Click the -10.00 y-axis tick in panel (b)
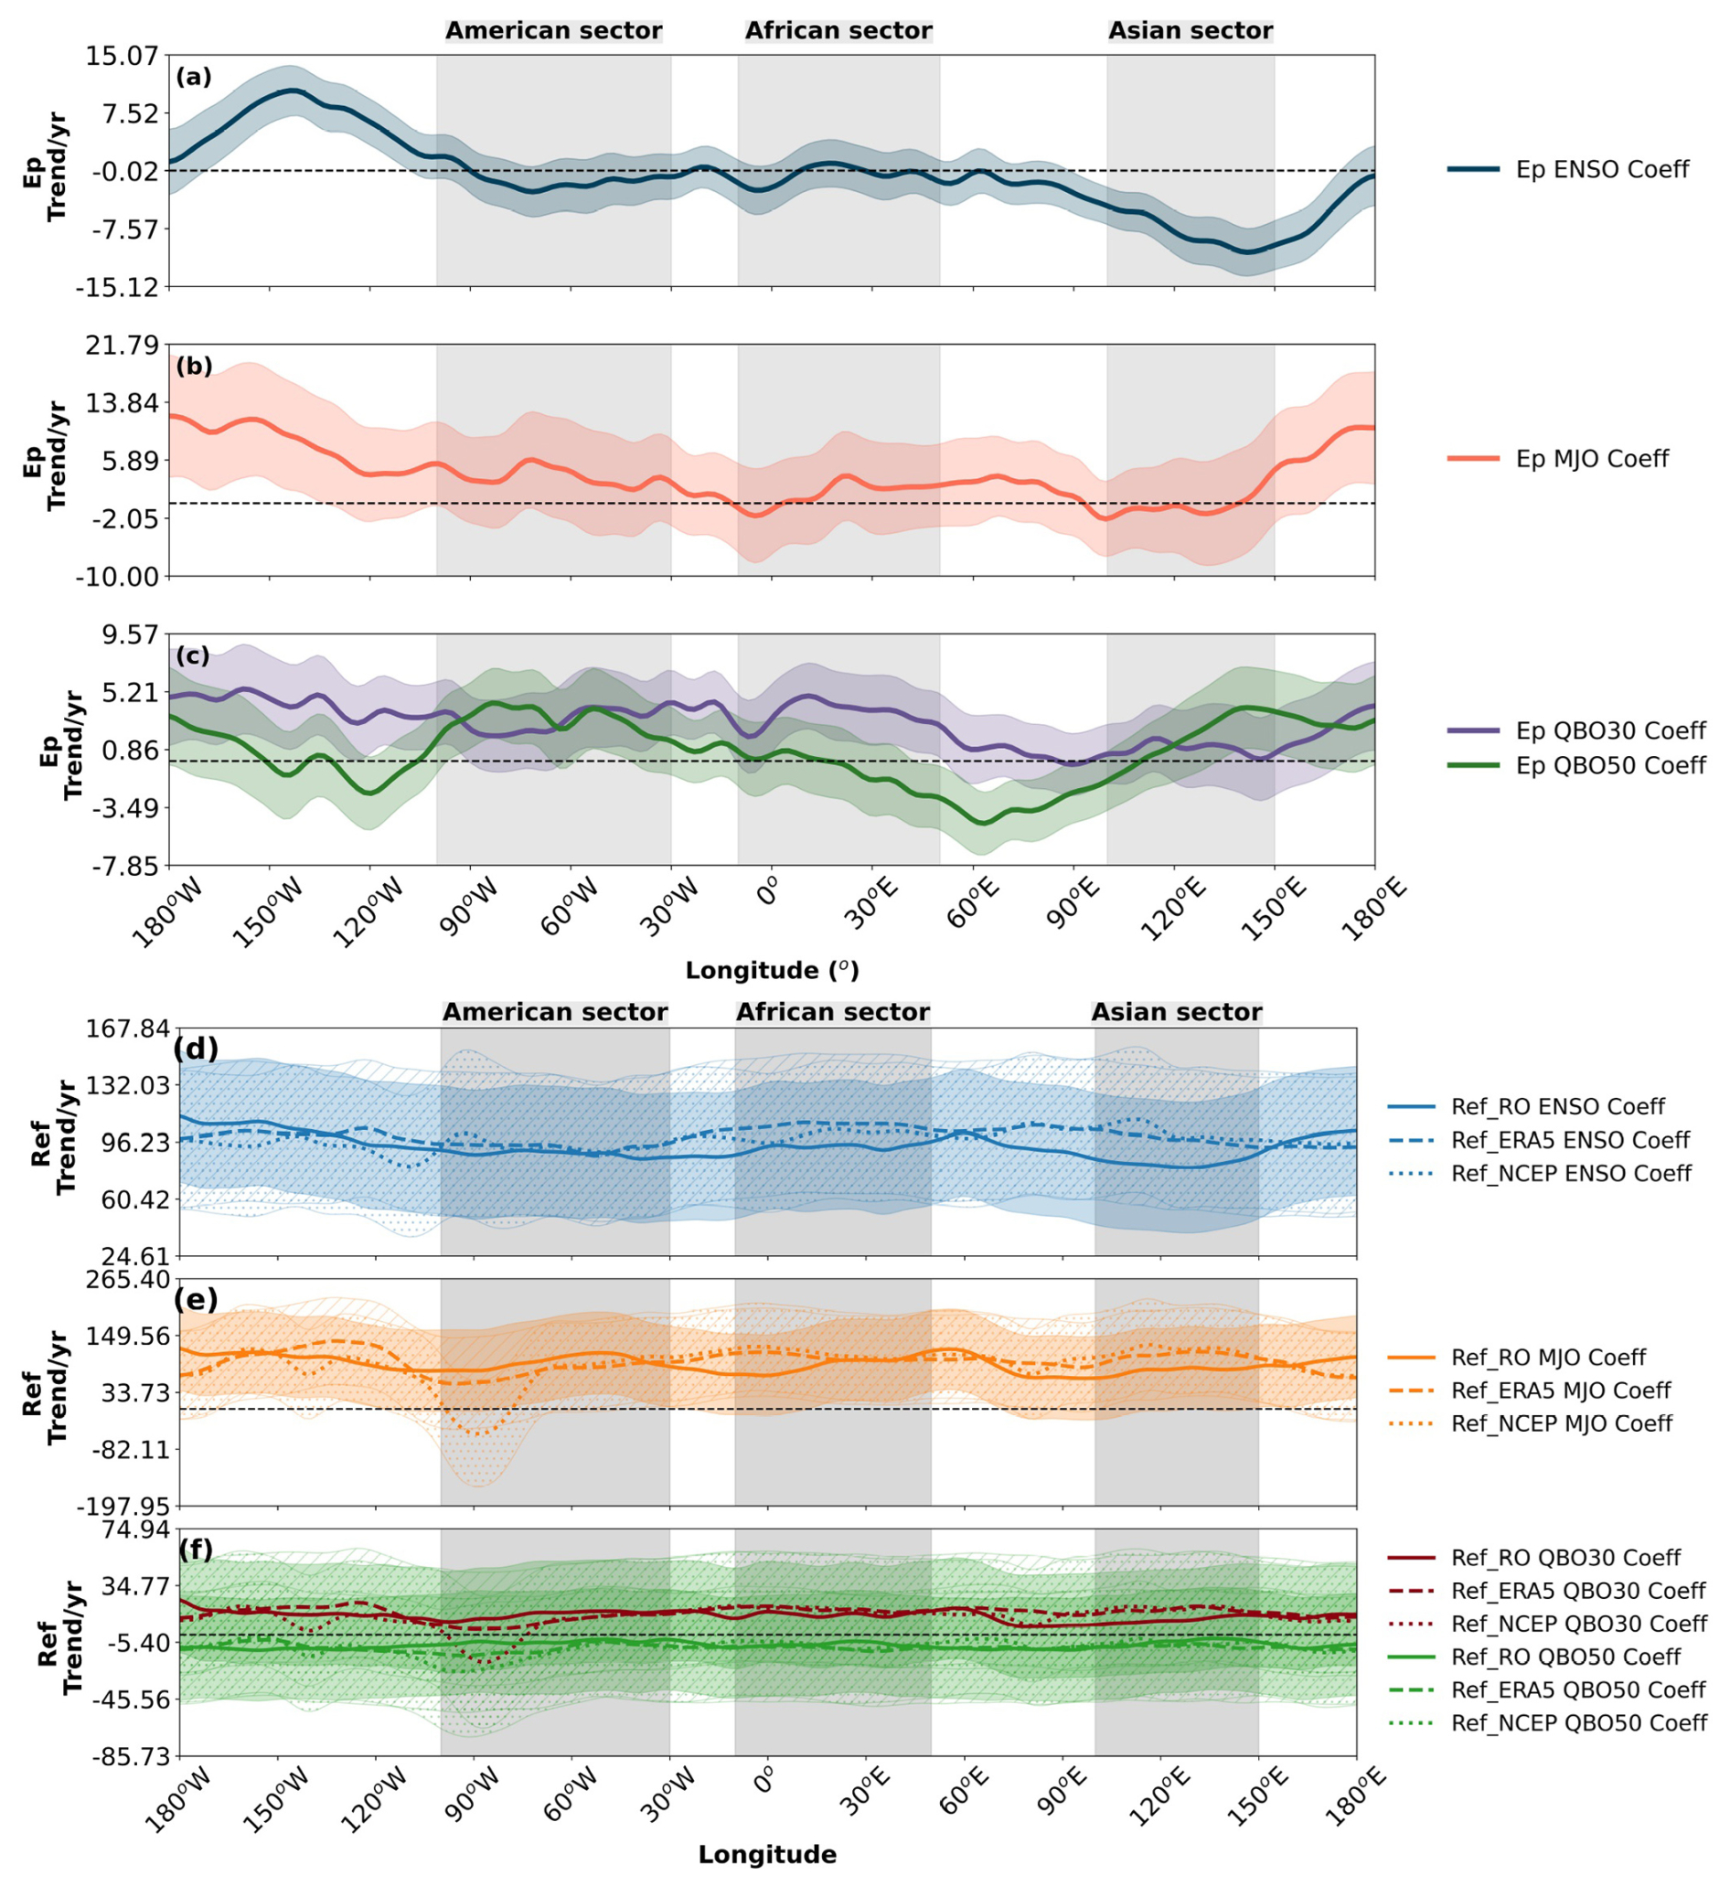pyautogui.click(x=119, y=578)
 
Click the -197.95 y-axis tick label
pyautogui.click(x=125, y=1507)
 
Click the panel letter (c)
pyautogui.click(x=193, y=655)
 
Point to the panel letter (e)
pyautogui.click(x=196, y=1300)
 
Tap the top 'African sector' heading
pyautogui.click(x=838, y=31)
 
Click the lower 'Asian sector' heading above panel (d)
pyautogui.click(x=1176, y=1013)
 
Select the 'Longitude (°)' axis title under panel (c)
pyautogui.click(x=772, y=971)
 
